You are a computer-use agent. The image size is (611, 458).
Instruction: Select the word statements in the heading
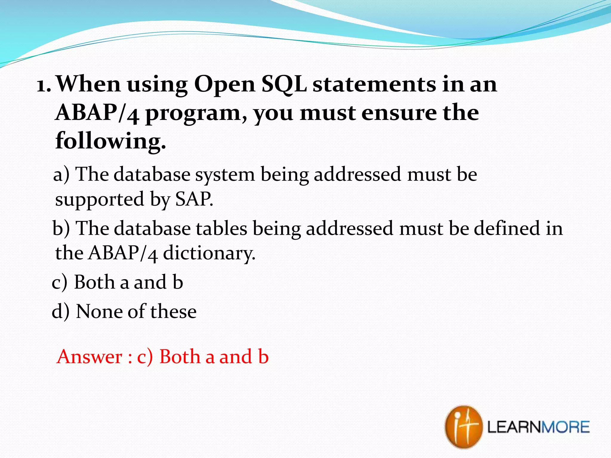tap(374, 84)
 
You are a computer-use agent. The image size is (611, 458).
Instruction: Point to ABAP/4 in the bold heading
tap(97, 114)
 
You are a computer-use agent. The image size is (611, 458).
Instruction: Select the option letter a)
tap(61, 175)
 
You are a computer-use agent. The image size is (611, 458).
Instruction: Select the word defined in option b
tap(507, 228)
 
